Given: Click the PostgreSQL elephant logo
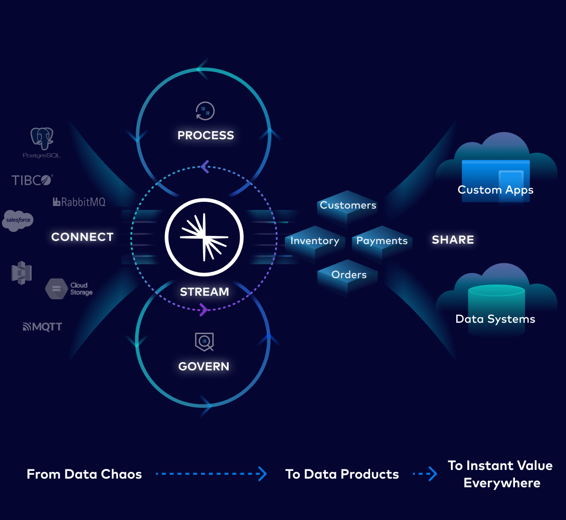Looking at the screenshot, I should [42, 139].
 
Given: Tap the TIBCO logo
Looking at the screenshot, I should [32, 180].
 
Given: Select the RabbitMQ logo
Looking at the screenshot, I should [79, 202].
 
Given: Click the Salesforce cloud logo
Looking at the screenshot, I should [18, 220].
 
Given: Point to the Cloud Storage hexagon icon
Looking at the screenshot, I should [56, 289].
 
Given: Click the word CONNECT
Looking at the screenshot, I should [82, 237].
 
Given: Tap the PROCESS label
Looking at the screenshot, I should [206, 135].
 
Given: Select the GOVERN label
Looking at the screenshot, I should [204, 366].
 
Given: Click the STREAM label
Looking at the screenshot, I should [204, 292].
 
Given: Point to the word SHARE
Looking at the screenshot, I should [452, 240].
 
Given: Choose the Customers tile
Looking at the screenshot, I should [347, 206].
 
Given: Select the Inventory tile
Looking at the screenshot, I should [315, 241].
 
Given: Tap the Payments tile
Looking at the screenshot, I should [382, 241].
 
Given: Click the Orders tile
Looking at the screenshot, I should [348, 275].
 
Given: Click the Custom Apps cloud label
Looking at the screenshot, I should [495, 190].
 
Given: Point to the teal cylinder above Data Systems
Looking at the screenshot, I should [496, 299].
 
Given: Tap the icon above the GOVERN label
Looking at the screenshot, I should [204, 342].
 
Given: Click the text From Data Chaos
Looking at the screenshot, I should [84, 474].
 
